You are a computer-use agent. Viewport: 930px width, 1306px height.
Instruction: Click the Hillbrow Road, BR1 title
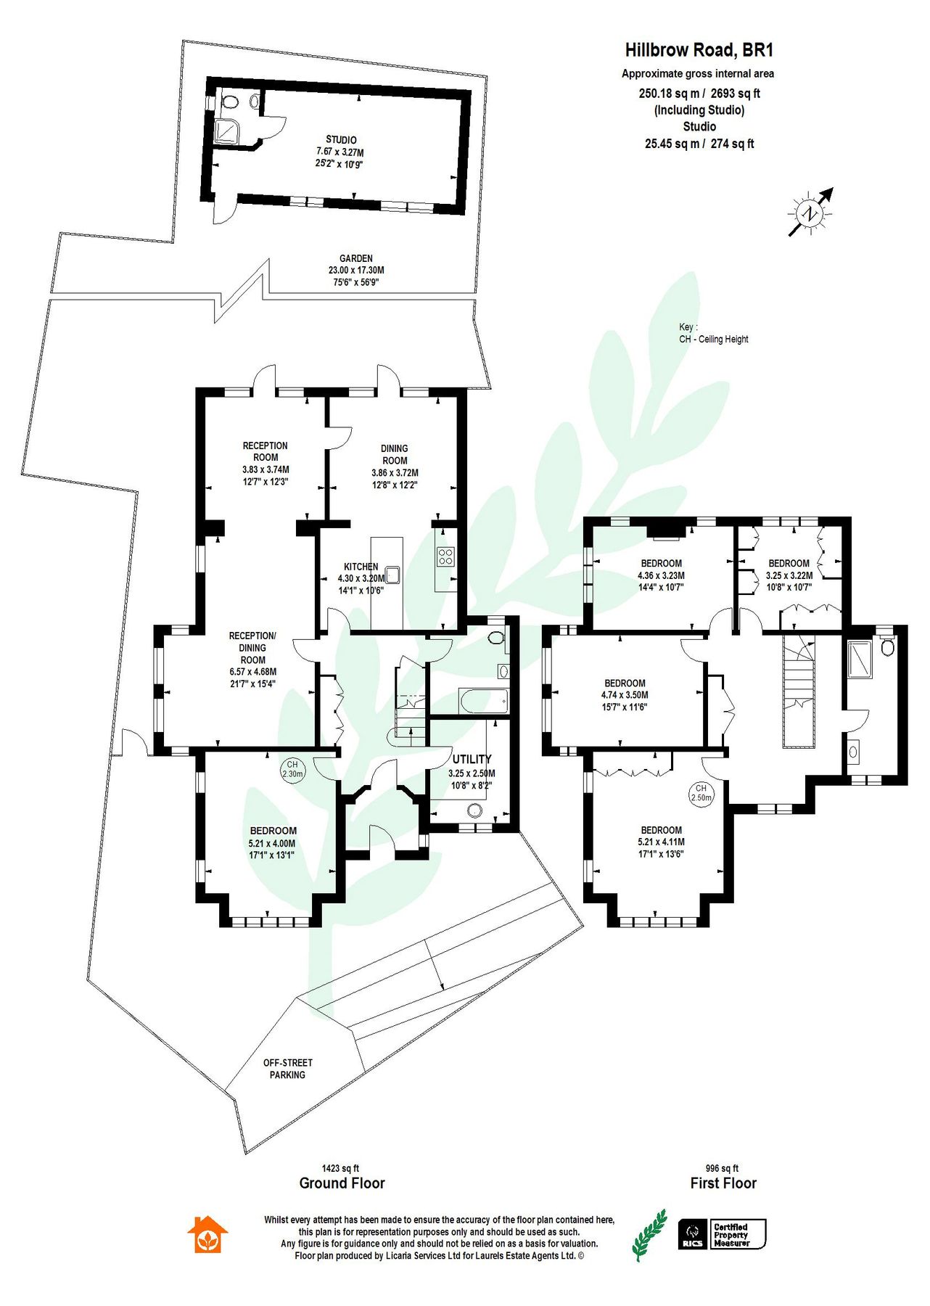(x=699, y=50)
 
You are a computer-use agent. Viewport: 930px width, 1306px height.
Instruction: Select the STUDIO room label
(x=341, y=139)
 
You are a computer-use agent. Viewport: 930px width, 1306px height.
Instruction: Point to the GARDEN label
(x=356, y=258)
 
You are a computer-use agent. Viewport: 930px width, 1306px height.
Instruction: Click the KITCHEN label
(x=361, y=567)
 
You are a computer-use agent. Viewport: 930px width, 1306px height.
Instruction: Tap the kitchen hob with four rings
(x=445, y=557)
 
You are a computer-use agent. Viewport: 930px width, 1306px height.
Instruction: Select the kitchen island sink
(x=393, y=575)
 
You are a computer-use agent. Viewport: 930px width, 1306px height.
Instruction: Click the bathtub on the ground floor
(x=483, y=701)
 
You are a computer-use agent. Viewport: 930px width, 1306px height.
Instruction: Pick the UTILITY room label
(x=472, y=759)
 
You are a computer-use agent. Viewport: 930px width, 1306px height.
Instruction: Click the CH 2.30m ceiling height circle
(x=292, y=769)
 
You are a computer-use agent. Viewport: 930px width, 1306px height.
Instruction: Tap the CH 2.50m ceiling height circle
(x=701, y=792)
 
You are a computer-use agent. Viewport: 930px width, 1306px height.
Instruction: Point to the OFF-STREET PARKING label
(x=288, y=1069)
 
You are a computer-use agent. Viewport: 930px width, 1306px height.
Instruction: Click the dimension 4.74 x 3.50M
(x=625, y=694)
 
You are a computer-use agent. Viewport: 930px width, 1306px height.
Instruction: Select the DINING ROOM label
(x=395, y=454)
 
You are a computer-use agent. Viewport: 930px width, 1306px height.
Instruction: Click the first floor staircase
(x=800, y=689)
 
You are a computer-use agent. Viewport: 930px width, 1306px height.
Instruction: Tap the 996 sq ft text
(x=722, y=1168)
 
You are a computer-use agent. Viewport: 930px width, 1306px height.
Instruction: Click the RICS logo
(x=692, y=1234)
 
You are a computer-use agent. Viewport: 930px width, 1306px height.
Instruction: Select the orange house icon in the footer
(x=207, y=1234)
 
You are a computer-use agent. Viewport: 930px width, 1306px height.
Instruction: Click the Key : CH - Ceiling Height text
(x=713, y=333)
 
